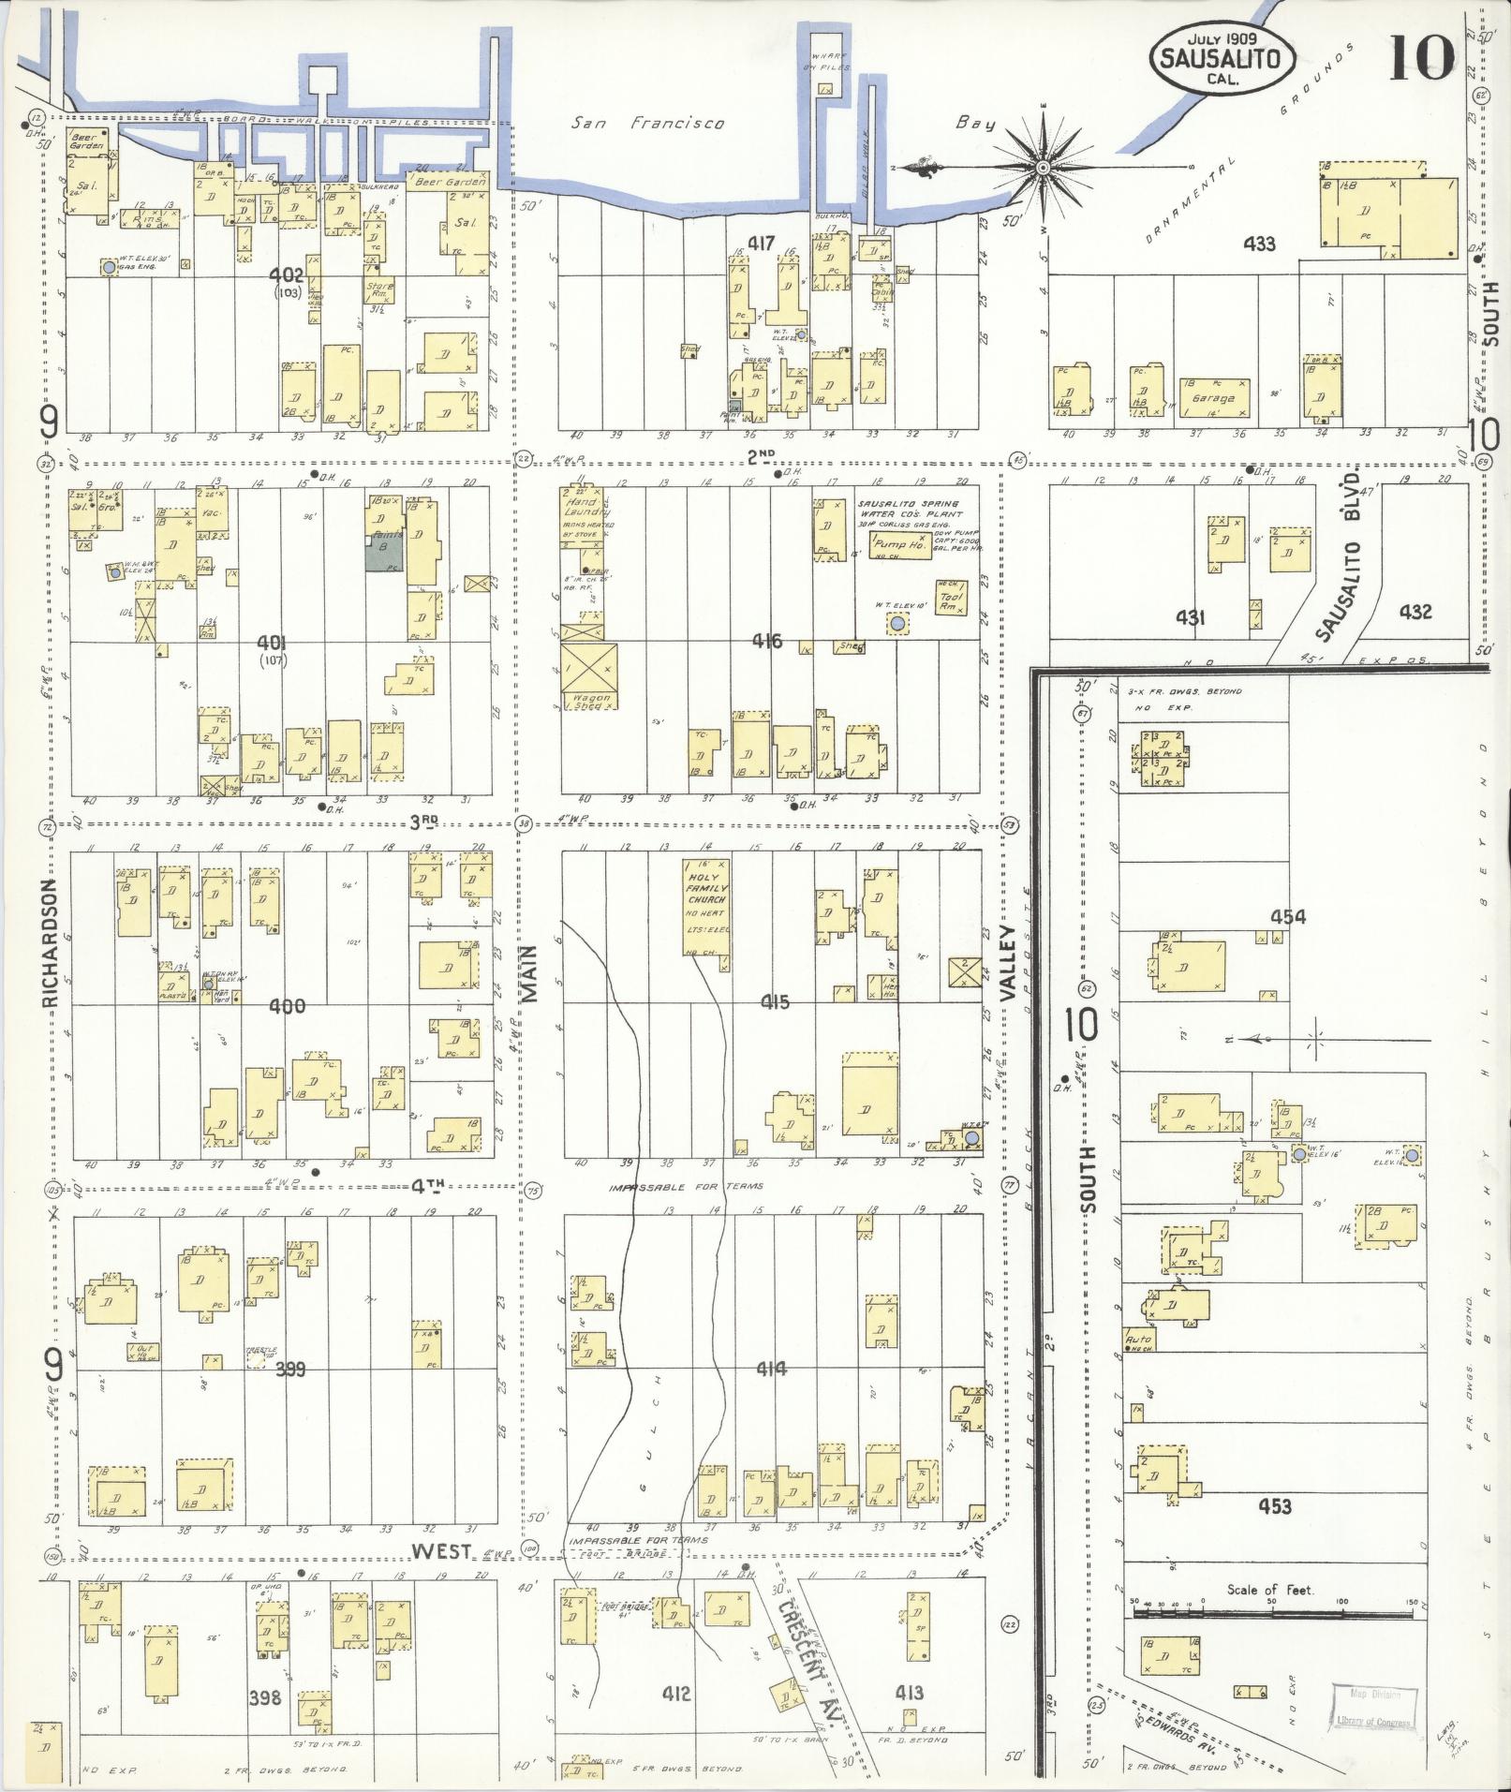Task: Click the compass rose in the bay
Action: point(1043,168)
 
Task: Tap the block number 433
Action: point(1259,244)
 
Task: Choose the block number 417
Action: point(761,244)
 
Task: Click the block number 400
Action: point(287,1007)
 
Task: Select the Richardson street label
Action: point(51,943)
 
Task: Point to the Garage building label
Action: point(1213,398)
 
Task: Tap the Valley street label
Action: point(1009,965)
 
